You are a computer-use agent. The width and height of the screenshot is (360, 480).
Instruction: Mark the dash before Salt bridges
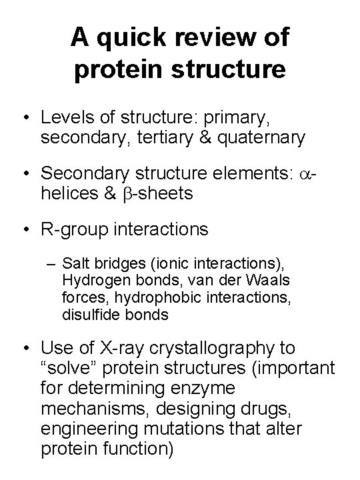pyautogui.click(x=52, y=263)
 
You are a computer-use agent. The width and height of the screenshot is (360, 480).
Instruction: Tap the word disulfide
pyautogui.click(x=90, y=314)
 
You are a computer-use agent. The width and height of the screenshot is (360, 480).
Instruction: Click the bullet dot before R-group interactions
pyautogui.click(x=25, y=230)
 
